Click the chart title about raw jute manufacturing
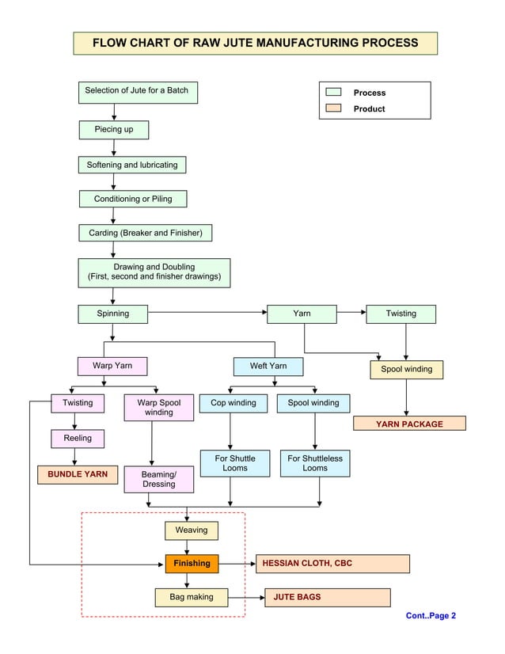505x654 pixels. point(255,43)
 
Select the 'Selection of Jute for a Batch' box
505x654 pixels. point(137,92)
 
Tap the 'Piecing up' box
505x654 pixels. point(114,129)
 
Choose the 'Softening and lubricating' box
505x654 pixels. point(132,165)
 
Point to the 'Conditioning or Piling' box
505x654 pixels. point(133,199)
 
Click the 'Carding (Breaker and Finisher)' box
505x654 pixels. point(145,233)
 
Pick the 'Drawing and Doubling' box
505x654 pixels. point(154,272)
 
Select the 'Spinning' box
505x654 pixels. point(113,314)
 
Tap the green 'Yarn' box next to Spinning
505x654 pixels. point(302,314)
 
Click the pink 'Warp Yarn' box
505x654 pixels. point(112,366)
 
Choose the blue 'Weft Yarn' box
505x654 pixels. point(268,367)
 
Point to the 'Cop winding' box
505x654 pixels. point(233,403)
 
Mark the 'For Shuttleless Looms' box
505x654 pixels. point(315,463)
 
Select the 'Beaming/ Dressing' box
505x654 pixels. point(158,479)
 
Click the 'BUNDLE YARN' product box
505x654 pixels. point(78,474)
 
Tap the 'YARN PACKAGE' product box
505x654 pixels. point(409,424)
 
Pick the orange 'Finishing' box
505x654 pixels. point(192,564)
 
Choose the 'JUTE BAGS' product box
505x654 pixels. point(327,597)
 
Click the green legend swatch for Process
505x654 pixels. point(333,93)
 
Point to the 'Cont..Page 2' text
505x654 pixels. point(431,616)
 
